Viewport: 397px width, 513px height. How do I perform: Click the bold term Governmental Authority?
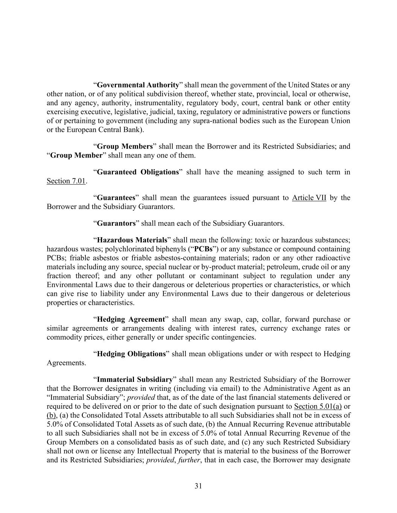pyautogui.click(x=138, y=85)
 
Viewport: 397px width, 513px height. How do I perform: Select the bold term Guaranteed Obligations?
pyautogui.click(x=138, y=172)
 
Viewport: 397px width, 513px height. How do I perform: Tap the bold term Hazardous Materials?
pyautogui.click(x=132, y=240)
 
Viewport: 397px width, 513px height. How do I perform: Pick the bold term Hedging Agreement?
pyautogui.click(x=131, y=319)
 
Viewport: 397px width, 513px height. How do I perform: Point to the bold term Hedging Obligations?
pyautogui.click(x=131, y=354)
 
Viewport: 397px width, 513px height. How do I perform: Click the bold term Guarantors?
pyautogui.click(x=116, y=223)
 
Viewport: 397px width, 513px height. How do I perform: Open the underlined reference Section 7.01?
pyautogui.click(x=66, y=181)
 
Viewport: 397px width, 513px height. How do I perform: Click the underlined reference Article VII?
pyautogui.click(x=309, y=198)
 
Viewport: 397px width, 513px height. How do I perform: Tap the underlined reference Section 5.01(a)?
pyautogui.click(x=318, y=406)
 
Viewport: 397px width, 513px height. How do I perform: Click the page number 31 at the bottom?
pyautogui.click(x=198, y=486)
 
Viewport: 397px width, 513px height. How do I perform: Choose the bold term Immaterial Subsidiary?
pyautogui.click(x=135, y=380)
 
